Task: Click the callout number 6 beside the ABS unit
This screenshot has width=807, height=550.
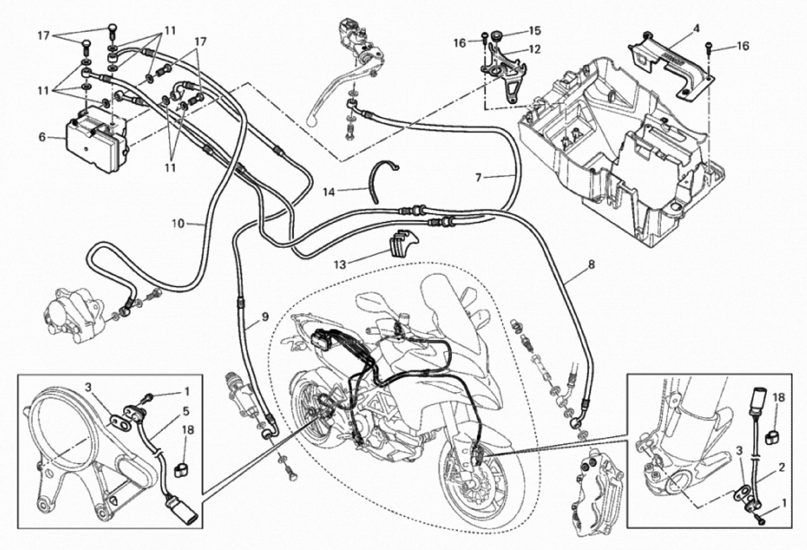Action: (x=42, y=137)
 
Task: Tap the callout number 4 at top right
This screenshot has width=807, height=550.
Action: (x=687, y=28)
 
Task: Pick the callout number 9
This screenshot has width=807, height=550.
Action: (x=265, y=317)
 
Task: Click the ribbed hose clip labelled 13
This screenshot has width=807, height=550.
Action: (x=403, y=243)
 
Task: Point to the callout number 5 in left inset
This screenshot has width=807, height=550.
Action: (x=186, y=412)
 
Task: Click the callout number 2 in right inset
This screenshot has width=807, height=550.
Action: (x=781, y=467)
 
